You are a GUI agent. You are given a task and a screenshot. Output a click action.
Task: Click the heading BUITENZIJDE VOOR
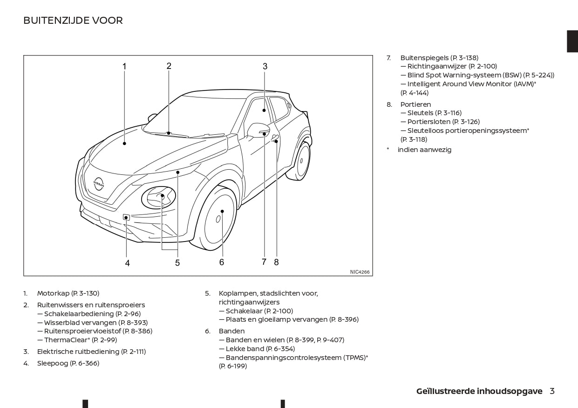click(73, 21)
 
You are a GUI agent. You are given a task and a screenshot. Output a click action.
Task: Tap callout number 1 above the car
click(124, 66)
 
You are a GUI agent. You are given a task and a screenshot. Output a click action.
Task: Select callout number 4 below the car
click(127, 263)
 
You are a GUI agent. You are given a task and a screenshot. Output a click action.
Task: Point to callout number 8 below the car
click(276, 262)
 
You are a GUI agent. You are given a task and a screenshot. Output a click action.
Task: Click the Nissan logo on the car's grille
click(99, 183)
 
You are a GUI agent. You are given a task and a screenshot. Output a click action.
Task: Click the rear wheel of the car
click(302, 161)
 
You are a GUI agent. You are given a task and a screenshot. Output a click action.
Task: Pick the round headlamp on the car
click(158, 198)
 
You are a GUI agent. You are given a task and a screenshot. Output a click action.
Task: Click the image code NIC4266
click(360, 272)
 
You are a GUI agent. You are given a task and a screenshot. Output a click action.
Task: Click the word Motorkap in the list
click(53, 293)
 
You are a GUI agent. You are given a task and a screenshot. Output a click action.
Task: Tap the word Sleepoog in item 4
click(53, 363)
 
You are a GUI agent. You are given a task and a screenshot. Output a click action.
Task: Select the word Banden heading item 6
click(231, 331)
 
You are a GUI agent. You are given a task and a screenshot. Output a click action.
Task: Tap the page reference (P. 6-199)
click(233, 366)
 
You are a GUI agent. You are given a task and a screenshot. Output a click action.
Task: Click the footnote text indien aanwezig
click(424, 150)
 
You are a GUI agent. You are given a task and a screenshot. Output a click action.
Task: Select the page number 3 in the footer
click(552, 391)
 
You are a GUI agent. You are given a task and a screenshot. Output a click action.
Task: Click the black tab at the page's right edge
click(572, 41)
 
